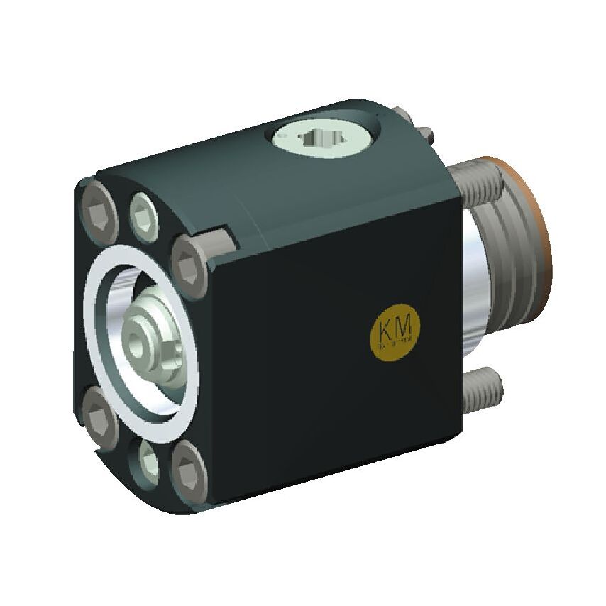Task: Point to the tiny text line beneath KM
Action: (x=397, y=342)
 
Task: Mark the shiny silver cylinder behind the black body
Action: (x=474, y=284)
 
